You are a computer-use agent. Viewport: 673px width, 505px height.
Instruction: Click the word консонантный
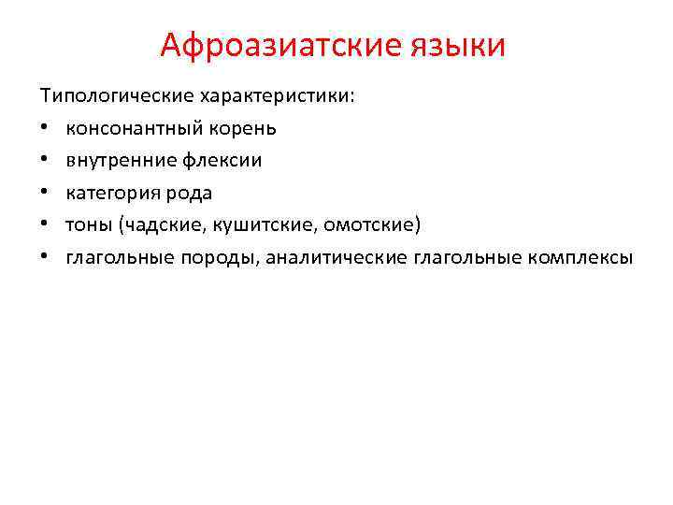click(130, 127)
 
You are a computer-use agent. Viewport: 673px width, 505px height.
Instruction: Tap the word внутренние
click(115, 160)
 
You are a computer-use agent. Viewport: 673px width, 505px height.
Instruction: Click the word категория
click(110, 193)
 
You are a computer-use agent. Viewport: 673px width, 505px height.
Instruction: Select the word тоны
click(87, 225)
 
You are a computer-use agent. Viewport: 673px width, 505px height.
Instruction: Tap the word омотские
click(365, 225)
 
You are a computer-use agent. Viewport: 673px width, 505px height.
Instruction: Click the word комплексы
click(580, 258)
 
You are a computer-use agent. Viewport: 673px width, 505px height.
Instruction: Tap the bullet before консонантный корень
click(44, 128)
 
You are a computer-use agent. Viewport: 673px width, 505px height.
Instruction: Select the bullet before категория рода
click(44, 194)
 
